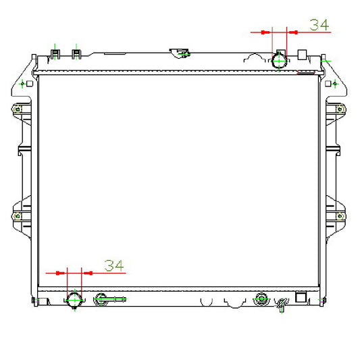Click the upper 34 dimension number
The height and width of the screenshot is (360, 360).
click(319, 25)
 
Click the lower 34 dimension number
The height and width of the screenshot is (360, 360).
click(114, 265)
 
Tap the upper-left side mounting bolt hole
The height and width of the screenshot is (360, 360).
click(18, 109)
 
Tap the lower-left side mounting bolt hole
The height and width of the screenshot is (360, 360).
click(18, 216)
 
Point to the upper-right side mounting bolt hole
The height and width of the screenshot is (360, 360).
click(340, 109)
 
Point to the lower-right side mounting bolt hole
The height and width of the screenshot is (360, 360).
click(340, 216)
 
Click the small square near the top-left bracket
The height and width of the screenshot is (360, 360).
click(30, 84)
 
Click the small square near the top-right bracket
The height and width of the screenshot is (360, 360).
click(328, 84)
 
